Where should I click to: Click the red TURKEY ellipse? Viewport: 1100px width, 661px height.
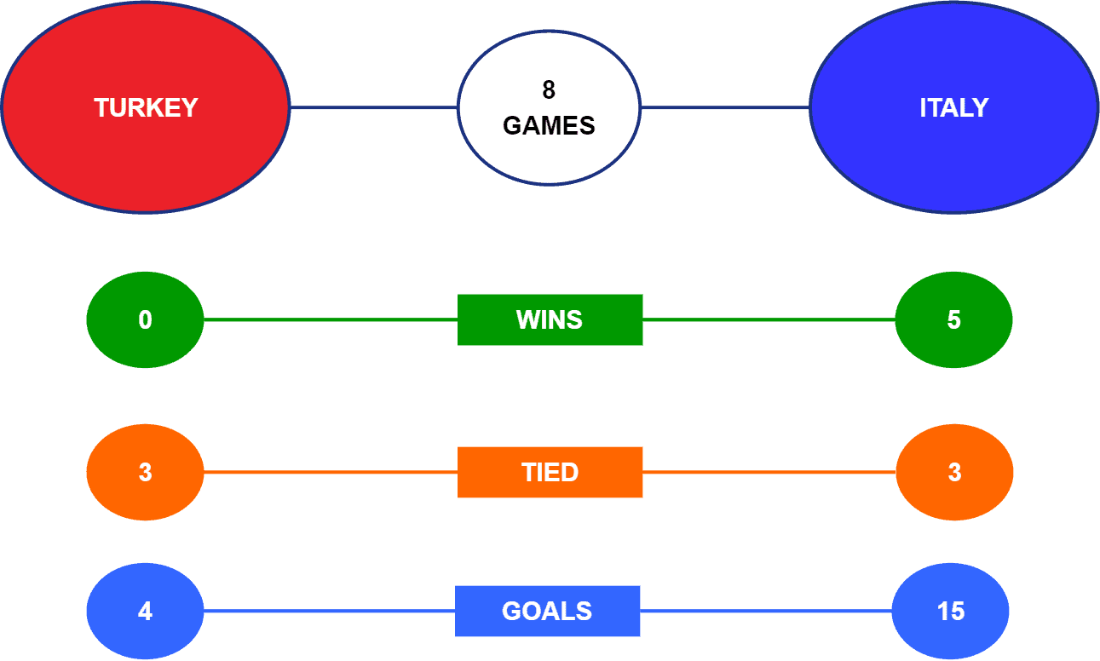[x=146, y=107]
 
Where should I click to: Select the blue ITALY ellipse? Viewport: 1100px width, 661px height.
[x=954, y=107]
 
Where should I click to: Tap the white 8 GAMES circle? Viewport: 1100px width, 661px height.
[x=549, y=107]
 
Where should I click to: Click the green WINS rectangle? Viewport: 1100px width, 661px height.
[x=550, y=319]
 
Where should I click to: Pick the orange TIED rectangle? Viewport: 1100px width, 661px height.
[x=550, y=472]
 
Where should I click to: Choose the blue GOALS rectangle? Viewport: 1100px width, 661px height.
[x=548, y=611]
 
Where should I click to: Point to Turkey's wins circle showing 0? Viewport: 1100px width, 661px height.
[x=146, y=319]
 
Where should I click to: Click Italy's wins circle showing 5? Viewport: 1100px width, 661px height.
[x=953, y=319]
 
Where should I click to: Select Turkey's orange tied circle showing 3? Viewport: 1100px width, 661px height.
[x=146, y=472]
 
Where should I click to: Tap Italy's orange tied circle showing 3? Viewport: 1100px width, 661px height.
[x=954, y=472]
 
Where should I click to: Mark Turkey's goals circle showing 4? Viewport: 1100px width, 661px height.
[x=146, y=611]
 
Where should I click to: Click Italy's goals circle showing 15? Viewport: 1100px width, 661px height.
[x=951, y=611]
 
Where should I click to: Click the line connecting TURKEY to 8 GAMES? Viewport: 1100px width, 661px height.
[x=374, y=107]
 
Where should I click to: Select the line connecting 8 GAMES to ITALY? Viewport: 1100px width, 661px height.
[x=725, y=107]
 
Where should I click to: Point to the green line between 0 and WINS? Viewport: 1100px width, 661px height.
[x=331, y=319]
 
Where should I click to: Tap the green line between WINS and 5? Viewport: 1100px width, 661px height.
[x=769, y=319]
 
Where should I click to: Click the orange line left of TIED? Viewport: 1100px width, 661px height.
[x=331, y=472]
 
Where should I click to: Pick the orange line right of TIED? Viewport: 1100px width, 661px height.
[x=769, y=472]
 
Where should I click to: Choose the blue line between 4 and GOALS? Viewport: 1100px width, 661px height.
[x=330, y=611]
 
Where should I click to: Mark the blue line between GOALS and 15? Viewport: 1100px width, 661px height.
[x=766, y=611]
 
